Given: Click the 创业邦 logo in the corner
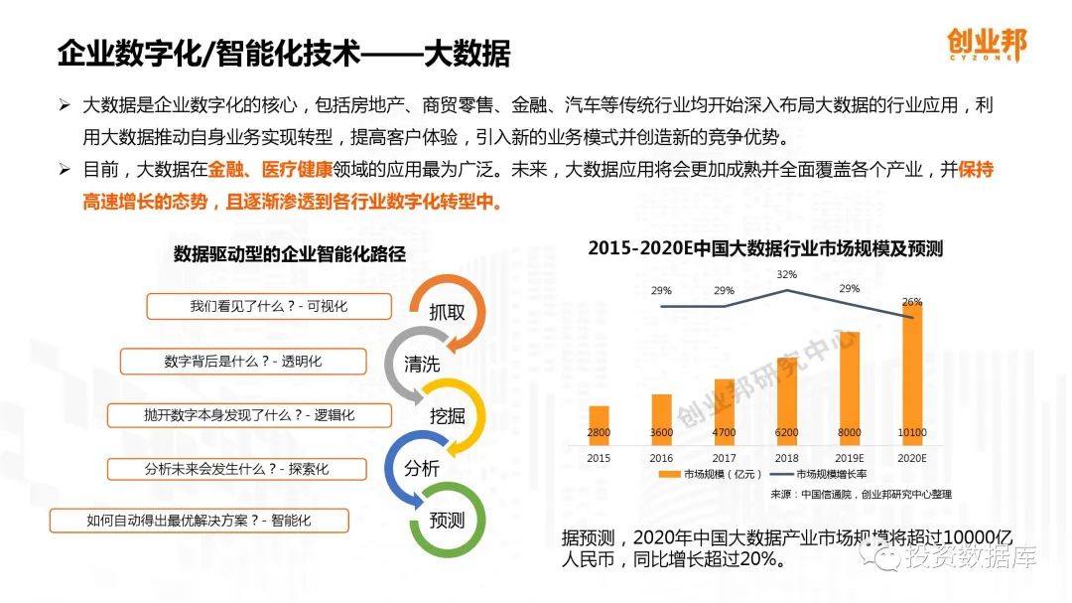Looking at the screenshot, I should [986, 45].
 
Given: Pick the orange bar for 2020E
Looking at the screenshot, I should [912, 373].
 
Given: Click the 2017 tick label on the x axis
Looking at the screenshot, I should [724, 458].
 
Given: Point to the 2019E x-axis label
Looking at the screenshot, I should [850, 458].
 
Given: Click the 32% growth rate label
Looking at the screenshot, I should [787, 274].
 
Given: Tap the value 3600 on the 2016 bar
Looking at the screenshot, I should [661, 433].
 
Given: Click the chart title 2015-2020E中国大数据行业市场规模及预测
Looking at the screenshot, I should [764, 248].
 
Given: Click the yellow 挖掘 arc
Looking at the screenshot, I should [448, 415].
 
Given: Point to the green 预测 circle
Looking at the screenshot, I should [448, 520].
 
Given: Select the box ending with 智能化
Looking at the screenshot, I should [200, 520].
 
